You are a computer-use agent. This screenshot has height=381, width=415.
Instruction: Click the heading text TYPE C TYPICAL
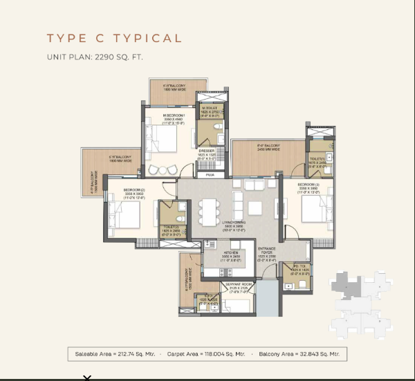[x=114, y=38]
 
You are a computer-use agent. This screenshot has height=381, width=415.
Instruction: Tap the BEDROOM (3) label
[x=308, y=187]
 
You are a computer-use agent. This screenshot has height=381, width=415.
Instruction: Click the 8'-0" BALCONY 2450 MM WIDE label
[x=268, y=147]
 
